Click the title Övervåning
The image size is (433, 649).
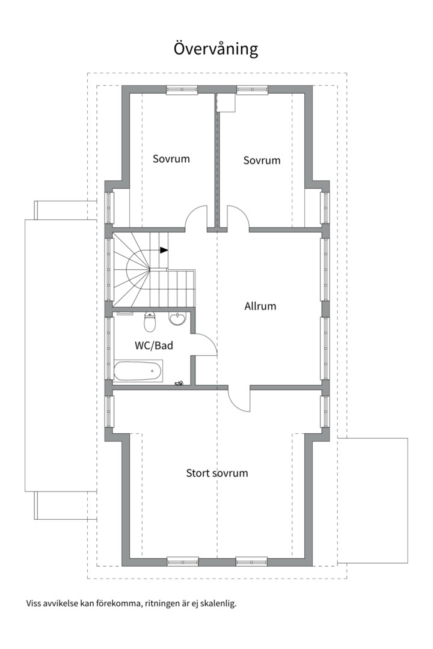(216, 49)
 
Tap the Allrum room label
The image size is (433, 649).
(260, 306)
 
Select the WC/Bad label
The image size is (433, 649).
(154, 345)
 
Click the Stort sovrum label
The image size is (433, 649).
(216, 473)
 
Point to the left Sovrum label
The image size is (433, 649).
(171, 159)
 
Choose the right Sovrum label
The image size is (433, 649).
(262, 160)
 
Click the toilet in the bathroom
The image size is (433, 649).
(150, 321)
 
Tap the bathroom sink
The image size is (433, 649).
(178, 318)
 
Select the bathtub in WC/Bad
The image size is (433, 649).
(138, 370)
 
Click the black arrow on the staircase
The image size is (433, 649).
(164, 250)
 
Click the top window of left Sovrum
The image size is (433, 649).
(182, 90)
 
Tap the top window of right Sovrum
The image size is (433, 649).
(252, 90)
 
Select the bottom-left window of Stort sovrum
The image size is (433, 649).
(183, 561)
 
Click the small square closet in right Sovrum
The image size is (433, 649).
(226, 102)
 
